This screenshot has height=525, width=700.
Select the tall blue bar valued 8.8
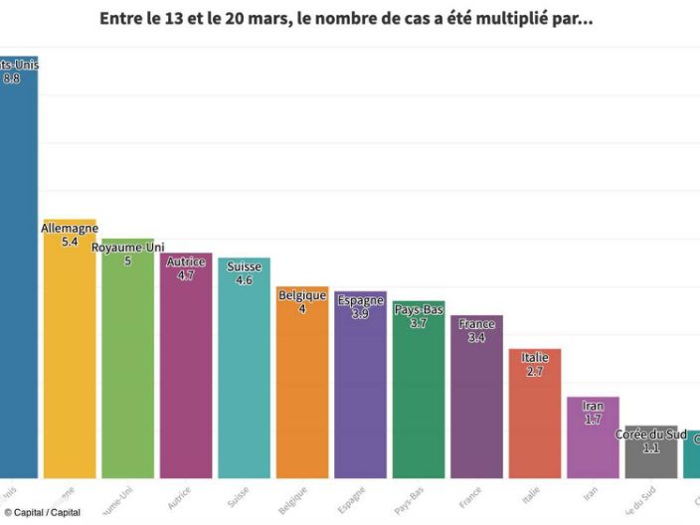(17, 278)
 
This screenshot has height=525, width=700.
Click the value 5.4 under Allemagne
(70, 242)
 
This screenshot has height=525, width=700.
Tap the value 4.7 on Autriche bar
(186, 275)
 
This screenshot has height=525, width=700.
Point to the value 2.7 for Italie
(535, 371)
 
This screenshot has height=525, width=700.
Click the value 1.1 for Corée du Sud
(651, 447)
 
